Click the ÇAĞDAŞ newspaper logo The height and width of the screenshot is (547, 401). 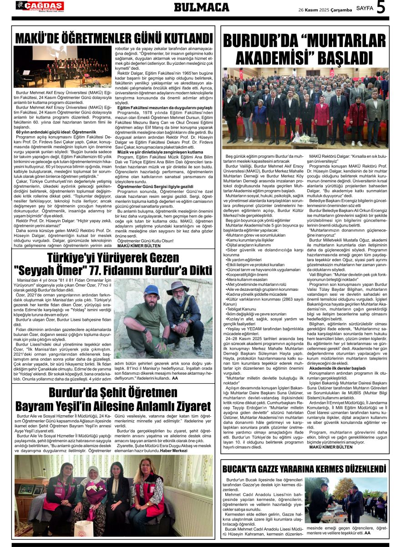[x=40, y=6]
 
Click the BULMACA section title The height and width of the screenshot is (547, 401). [x=201, y=7]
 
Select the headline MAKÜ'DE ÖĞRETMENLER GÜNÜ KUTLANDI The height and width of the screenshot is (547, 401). [x=114, y=37]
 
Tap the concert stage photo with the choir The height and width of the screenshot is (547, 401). [x=62, y=67]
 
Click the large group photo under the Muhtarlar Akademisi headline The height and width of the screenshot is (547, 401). [x=305, y=108]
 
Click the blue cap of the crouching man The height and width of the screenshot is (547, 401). [x=151, y=290]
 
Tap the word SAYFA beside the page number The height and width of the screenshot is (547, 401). [x=365, y=8]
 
